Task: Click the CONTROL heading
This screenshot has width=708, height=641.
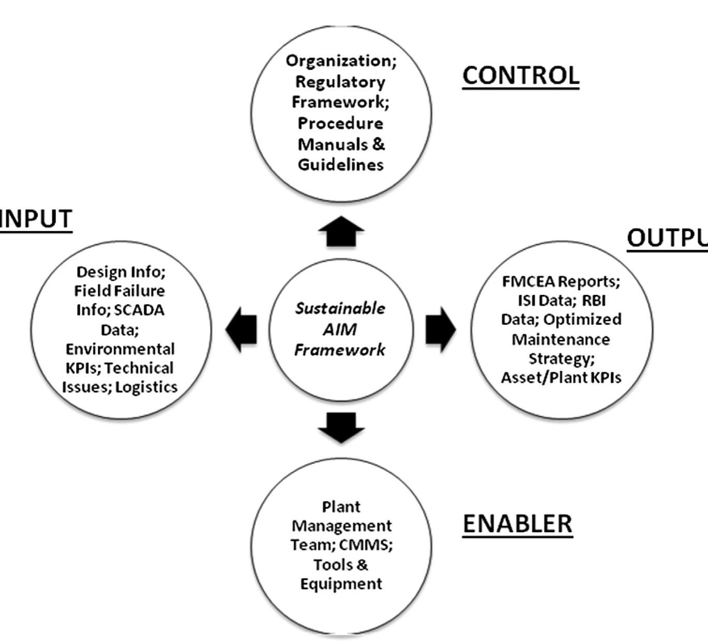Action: tap(521, 76)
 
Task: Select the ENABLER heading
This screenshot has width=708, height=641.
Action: tap(517, 523)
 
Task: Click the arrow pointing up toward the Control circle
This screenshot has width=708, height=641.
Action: tap(341, 232)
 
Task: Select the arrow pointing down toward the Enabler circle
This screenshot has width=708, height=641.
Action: tap(341, 427)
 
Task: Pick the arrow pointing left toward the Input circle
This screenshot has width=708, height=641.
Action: tap(241, 329)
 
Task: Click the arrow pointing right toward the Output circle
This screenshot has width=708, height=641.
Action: tap(440, 329)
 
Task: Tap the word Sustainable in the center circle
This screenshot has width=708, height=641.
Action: tap(340, 308)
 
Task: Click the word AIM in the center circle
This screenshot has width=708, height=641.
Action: tap(340, 329)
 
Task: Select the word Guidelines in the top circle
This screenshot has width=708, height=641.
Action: tap(340, 165)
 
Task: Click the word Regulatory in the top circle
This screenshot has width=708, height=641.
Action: tap(340, 82)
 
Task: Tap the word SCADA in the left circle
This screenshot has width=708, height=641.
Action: tap(139, 310)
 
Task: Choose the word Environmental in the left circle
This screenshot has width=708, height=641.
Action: tap(120, 348)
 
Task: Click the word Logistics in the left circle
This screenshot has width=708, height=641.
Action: tap(146, 387)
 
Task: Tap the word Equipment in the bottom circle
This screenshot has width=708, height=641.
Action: tap(341, 584)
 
